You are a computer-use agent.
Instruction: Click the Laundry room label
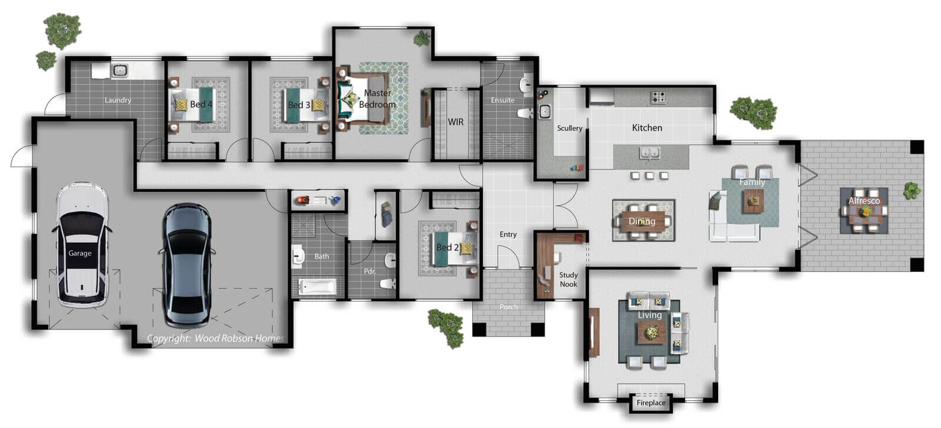tap(118, 100)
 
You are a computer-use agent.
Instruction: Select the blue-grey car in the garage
tap(187, 266)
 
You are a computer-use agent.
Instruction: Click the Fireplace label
tap(650, 403)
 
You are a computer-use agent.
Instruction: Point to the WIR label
tap(455, 122)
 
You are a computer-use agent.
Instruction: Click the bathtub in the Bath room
tap(318, 287)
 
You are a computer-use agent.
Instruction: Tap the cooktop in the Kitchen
tap(658, 97)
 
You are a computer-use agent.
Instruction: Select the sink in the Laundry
tap(120, 71)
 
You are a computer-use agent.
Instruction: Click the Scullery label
tap(569, 128)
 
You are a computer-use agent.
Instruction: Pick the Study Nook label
tap(568, 280)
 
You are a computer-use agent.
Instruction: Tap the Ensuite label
tap(502, 100)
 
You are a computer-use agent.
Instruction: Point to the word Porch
tap(508, 307)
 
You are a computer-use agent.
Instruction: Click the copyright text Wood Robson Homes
tap(239, 338)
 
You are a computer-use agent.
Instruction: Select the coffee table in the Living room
tap(652, 333)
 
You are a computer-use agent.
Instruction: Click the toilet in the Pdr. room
tap(388, 284)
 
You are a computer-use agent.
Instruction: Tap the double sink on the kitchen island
tap(649, 153)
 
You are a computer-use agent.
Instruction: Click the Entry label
tap(508, 234)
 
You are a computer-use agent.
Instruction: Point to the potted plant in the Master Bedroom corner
tap(421, 39)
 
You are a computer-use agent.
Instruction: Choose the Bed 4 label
tap(201, 104)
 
